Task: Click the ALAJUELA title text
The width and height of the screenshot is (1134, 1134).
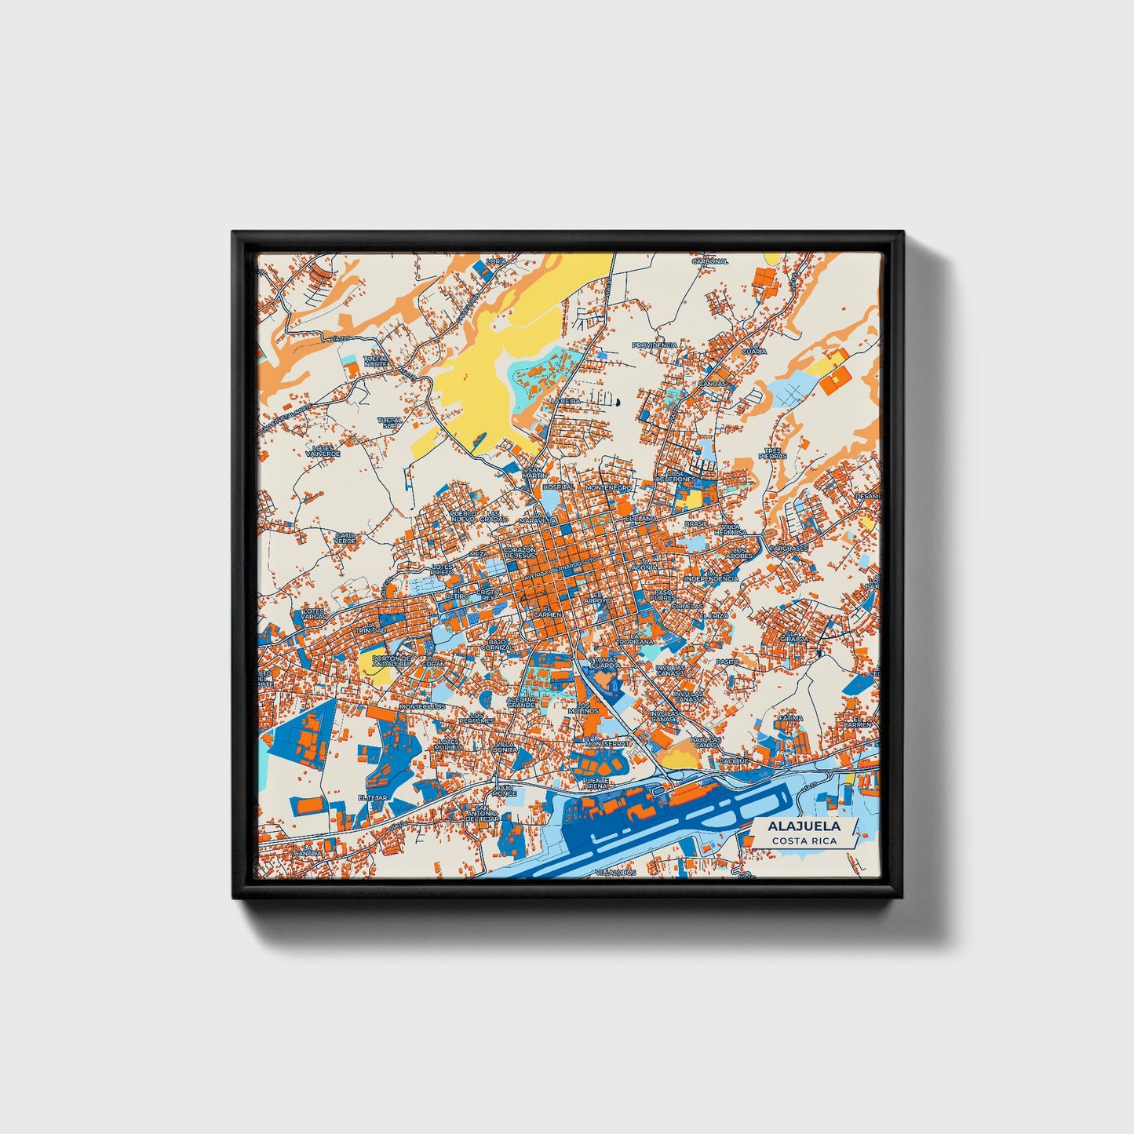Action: click(x=804, y=826)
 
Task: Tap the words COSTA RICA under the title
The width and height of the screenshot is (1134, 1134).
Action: click(x=804, y=840)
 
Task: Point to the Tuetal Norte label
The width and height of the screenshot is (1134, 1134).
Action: click(x=376, y=361)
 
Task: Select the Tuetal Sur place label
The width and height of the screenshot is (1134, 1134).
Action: click(x=389, y=422)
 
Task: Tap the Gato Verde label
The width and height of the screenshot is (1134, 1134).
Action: click(x=345, y=538)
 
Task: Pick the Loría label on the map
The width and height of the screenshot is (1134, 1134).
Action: click(x=496, y=261)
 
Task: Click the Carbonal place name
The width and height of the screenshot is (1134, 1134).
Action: click(x=709, y=261)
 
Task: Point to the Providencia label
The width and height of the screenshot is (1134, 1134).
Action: click(x=655, y=345)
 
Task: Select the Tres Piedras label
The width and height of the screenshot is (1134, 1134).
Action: click(x=772, y=454)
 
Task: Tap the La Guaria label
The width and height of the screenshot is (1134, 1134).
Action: click(x=753, y=348)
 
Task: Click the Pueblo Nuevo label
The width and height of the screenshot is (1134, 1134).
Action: click(x=463, y=516)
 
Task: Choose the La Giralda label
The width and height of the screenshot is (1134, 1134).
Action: click(x=793, y=636)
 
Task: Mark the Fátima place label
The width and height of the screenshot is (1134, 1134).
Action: click(x=791, y=717)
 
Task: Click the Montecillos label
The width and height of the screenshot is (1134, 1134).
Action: click(x=422, y=706)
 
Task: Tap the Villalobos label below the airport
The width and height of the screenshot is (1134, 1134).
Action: click(x=614, y=872)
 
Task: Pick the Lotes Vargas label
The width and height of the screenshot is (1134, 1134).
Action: click(x=313, y=613)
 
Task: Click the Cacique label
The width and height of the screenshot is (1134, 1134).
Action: click(x=734, y=760)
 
